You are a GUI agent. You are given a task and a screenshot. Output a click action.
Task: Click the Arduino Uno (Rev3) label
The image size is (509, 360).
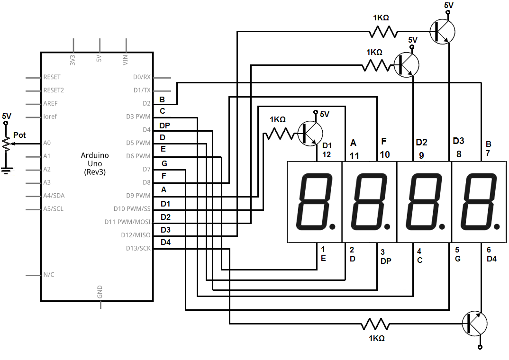click(x=95, y=163)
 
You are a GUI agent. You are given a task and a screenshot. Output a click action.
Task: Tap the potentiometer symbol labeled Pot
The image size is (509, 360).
click(x=6, y=143)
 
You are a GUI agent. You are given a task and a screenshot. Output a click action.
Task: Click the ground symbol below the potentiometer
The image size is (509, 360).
click(x=6, y=170)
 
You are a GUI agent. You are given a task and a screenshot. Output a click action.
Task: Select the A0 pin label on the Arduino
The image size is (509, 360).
click(x=47, y=143)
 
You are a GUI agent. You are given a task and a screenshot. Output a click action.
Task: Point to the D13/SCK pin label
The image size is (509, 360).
click(x=138, y=248)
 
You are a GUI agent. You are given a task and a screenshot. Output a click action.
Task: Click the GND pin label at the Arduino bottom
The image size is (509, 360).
click(x=100, y=292)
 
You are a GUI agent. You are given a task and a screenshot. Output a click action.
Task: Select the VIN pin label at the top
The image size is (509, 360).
click(x=126, y=60)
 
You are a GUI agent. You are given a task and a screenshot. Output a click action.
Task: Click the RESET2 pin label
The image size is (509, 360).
click(x=53, y=90)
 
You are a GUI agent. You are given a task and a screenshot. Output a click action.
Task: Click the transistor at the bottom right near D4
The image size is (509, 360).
click(x=474, y=324)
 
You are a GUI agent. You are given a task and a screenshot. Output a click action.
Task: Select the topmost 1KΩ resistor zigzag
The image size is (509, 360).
click(x=382, y=32)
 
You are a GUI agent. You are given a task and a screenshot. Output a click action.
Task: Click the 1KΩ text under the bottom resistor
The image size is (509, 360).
click(x=376, y=339)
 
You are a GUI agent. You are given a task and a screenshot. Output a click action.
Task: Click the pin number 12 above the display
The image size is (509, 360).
click(x=327, y=155)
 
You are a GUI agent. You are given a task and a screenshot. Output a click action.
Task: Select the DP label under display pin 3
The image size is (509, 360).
click(x=385, y=261)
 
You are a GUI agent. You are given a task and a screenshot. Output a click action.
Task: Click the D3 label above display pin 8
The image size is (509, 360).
click(x=458, y=141)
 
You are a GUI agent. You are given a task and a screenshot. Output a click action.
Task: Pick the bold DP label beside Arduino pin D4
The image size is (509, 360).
click(x=164, y=126)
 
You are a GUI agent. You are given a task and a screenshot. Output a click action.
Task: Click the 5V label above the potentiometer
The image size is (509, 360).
click(x=7, y=116)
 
